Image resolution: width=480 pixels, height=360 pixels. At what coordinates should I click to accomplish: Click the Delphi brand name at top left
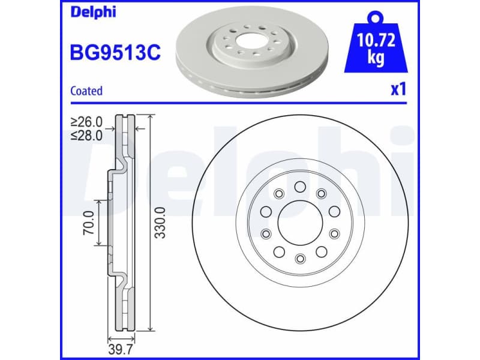pos(91,13)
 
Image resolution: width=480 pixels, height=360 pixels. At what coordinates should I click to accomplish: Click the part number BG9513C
pos(116,53)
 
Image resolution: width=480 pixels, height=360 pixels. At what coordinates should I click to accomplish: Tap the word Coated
pos(86,91)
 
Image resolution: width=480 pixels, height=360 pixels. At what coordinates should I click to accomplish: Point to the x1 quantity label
pos(398,90)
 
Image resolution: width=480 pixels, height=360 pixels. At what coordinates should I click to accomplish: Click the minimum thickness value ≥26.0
pos(86,122)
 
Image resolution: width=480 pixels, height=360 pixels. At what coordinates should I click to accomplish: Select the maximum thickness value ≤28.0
pos(86,135)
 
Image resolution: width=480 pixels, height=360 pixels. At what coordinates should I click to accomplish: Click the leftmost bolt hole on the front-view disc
pos(265,211)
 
